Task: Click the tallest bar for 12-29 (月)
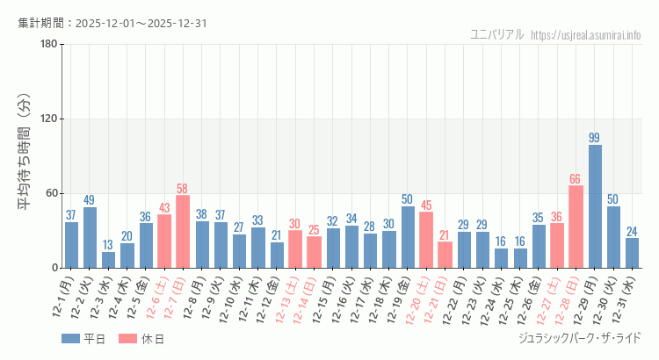point(595,206)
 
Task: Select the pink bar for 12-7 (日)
point(183,231)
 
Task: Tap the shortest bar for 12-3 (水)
point(108,260)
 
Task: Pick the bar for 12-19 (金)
point(408,237)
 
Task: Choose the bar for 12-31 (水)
point(632,253)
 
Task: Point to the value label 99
point(595,138)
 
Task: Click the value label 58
point(183,189)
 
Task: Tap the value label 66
point(576,179)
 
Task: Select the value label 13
point(108,245)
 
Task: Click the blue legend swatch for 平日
point(70,339)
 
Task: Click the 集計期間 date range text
point(112,23)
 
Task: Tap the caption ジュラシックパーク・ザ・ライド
point(580,338)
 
